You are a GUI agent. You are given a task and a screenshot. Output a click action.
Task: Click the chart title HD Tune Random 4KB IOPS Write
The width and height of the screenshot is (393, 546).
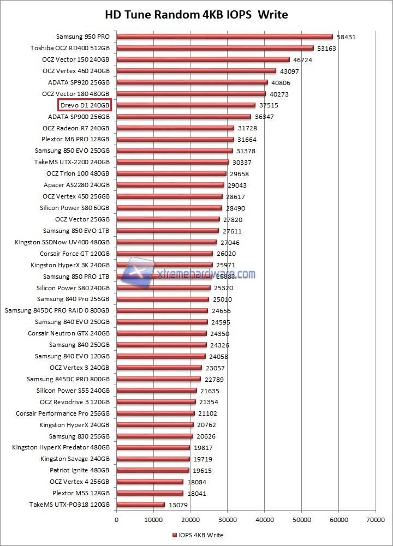pos(196,14)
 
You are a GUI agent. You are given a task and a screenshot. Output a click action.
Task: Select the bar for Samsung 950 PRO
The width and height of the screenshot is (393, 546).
pos(224,37)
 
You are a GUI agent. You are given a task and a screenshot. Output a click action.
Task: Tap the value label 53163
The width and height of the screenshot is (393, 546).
pos(327,49)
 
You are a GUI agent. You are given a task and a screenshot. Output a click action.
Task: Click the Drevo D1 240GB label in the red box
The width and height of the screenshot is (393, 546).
pos(85,105)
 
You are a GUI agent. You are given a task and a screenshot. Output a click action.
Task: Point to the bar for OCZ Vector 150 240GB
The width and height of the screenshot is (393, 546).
pos(203,59)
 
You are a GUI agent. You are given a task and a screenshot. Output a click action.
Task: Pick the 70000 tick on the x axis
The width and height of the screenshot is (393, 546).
pos(375,520)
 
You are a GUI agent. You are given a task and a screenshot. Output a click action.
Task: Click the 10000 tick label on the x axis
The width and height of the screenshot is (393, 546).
pos(153,520)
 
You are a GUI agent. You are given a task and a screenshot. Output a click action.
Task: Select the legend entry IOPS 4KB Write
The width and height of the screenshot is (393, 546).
pos(198,535)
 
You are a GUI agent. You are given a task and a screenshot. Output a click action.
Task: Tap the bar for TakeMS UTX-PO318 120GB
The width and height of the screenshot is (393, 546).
pos(140,505)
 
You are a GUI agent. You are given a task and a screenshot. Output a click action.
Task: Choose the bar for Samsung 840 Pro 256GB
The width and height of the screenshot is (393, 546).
pos(163,299)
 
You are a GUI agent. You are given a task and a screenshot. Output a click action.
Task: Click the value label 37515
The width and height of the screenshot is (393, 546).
pos(269,106)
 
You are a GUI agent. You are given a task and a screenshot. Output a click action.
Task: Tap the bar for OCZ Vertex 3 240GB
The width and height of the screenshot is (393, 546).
pos(159,368)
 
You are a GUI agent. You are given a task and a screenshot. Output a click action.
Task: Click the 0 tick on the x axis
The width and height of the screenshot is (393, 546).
pos(116,520)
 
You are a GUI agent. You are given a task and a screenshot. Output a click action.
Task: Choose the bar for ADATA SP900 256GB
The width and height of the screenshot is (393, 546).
pos(183,116)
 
